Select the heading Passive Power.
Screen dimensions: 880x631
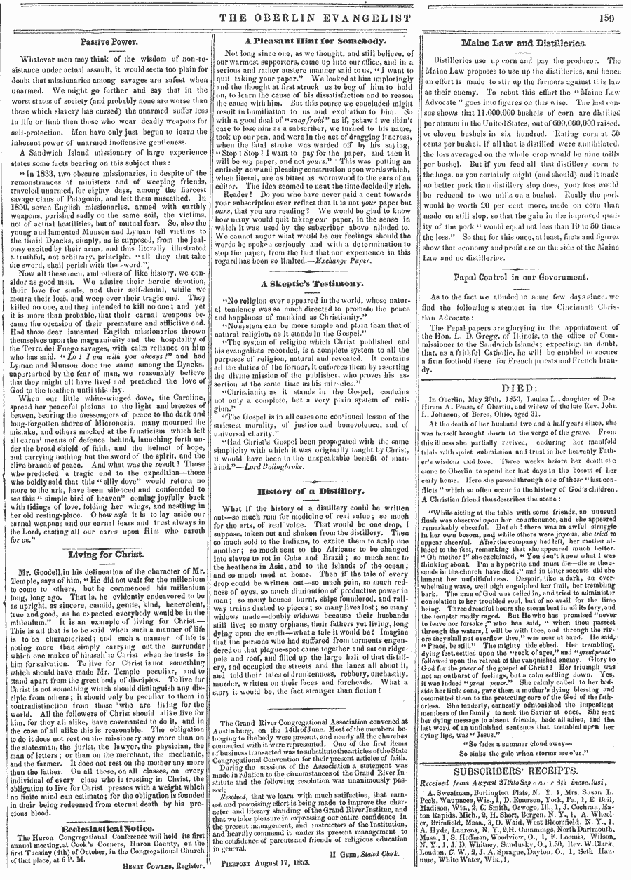pyautogui.click(x=103, y=42)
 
